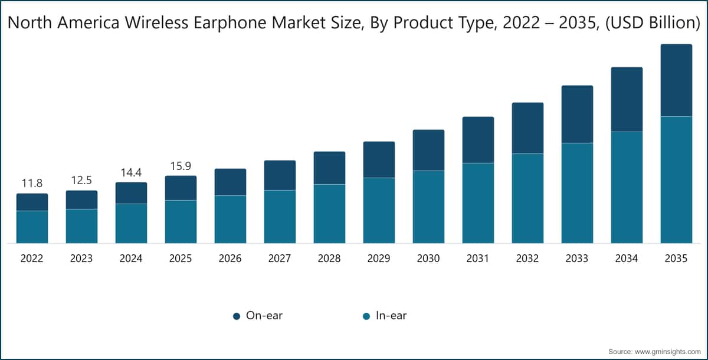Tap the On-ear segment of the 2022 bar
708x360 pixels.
[32, 202]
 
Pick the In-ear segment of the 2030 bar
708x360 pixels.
[428, 207]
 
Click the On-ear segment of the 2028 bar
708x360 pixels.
[329, 168]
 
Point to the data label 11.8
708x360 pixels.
[32, 183]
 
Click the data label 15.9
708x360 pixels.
[181, 166]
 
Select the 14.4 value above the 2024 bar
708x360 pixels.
[131, 172]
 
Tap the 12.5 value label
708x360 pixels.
[81, 180]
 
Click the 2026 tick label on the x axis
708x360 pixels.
[230, 258]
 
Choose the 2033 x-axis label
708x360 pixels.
[577, 258]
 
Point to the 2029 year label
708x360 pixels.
[379, 258]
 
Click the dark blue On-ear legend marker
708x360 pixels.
[236, 316]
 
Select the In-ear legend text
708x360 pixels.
[391, 316]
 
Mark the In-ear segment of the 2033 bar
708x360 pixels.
[577, 192]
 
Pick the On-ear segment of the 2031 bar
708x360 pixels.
[478, 140]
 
